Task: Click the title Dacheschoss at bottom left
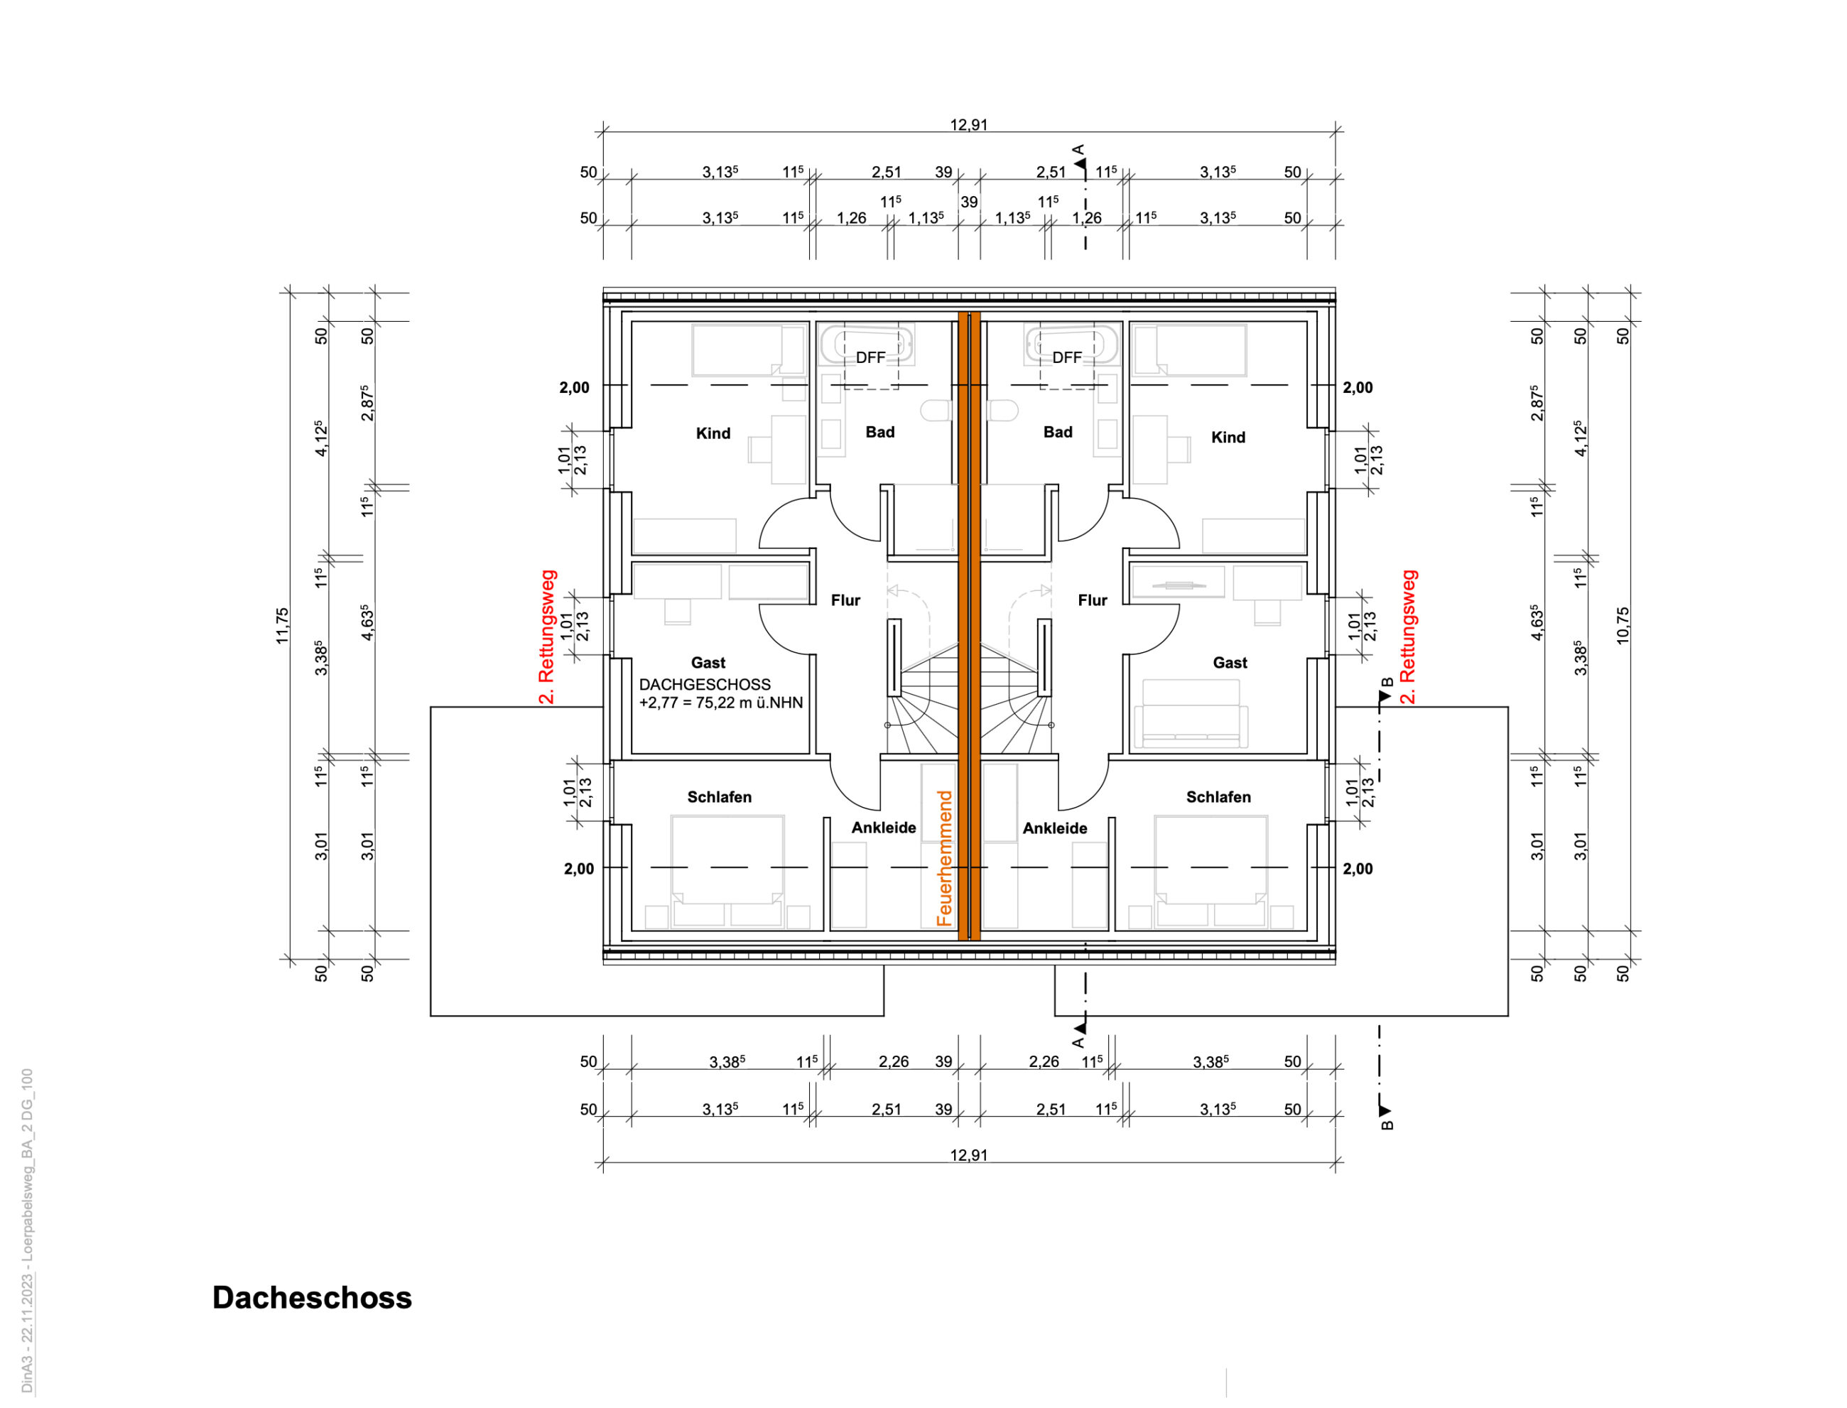coord(312,1297)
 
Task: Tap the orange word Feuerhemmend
coord(944,858)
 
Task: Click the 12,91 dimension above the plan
coord(969,125)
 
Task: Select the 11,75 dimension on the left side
coord(283,626)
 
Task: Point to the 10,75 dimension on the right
coord(1623,626)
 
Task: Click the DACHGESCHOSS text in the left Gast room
coord(705,685)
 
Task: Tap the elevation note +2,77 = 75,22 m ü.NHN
coord(721,703)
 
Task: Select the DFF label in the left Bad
coord(871,358)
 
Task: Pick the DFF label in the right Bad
coord(1067,358)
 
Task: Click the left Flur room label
coord(845,600)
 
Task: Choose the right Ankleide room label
coord(1055,828)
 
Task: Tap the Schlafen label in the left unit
coord(719,797)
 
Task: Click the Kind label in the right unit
coord(1228,438)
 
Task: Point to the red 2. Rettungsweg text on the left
coord(546,637)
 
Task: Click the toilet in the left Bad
coord(936,411)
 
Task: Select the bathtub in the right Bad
coord(1072,345)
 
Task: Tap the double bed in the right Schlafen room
coord(1211,871)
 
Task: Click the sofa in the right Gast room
coord(1190,714)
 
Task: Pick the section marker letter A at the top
coord(1078,150)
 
